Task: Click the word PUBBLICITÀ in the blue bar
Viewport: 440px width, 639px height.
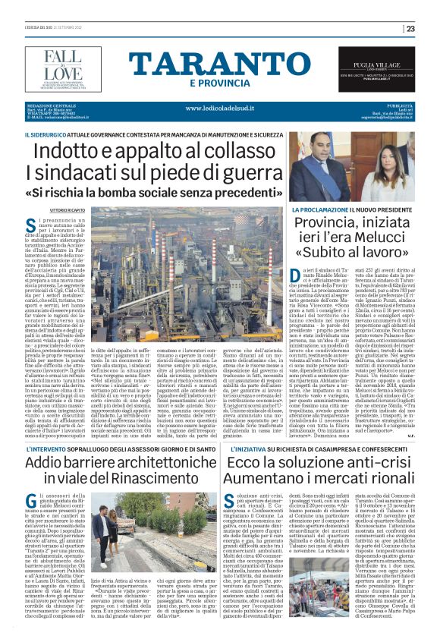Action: [x=402, y=105]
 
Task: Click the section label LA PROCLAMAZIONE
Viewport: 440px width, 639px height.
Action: [x=319, y=209]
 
